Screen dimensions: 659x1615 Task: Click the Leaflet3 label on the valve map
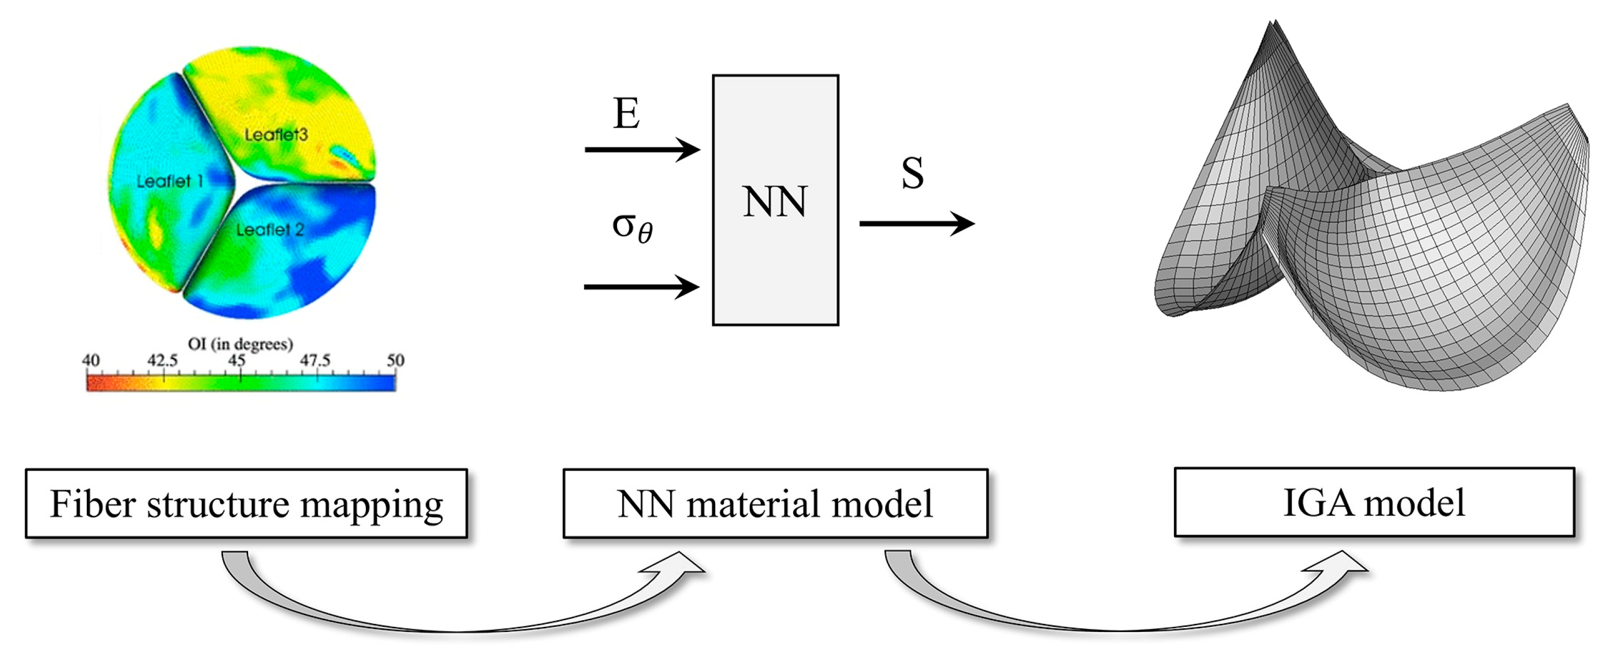coord(276,135)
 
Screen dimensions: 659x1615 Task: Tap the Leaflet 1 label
coord(169,182)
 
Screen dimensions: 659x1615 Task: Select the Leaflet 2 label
coord(270,230)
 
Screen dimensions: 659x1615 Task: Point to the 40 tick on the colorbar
coord(90,360)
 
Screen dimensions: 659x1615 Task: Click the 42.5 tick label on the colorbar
coord(162,360)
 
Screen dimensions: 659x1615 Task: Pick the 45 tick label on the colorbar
coord(237,360)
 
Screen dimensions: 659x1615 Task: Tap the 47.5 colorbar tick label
coord(315,360)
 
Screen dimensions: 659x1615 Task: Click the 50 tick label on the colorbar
coord(395,360)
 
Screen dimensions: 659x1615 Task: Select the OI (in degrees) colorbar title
coord(240,344)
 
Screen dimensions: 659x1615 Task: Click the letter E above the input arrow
coord(626,114)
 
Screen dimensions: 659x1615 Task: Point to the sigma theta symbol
coord(632,227)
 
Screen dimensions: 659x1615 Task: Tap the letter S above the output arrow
coord(912,173)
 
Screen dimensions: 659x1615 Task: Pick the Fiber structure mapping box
coord(247,503)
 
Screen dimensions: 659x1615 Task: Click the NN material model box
coord(775,503)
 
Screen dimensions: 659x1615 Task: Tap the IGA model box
coord(1374,502)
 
